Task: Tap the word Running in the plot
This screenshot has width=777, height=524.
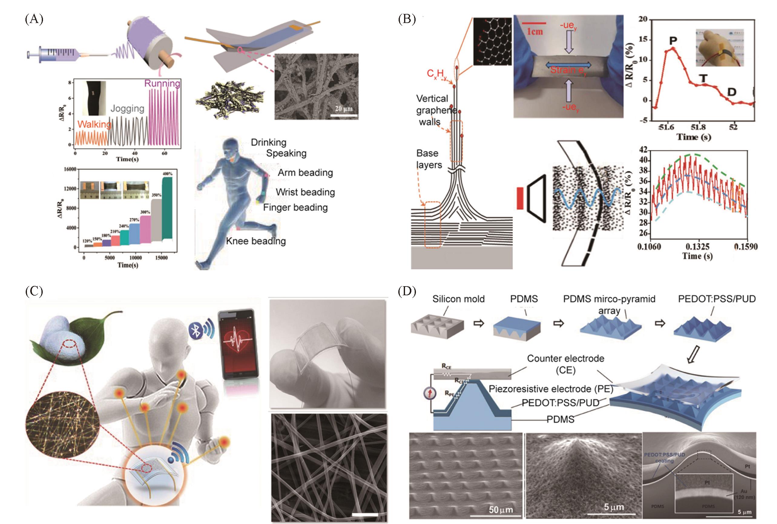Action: click(x=162, y=83)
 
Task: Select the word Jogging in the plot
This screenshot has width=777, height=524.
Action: click(x=127, y=108)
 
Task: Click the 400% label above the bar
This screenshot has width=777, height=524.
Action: click(x=167, y=174)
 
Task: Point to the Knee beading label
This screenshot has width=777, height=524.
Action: click(x=256, y=241)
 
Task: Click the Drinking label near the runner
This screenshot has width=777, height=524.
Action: click(x=268, y=142)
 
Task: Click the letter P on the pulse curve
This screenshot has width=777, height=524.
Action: click(x=673, y=41)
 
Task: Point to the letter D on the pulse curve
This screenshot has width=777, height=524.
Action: click(x=732, y=92)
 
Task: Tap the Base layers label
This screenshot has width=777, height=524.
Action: click(x=429, y=159)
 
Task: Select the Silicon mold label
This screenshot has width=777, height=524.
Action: click(x=458, y=299)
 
